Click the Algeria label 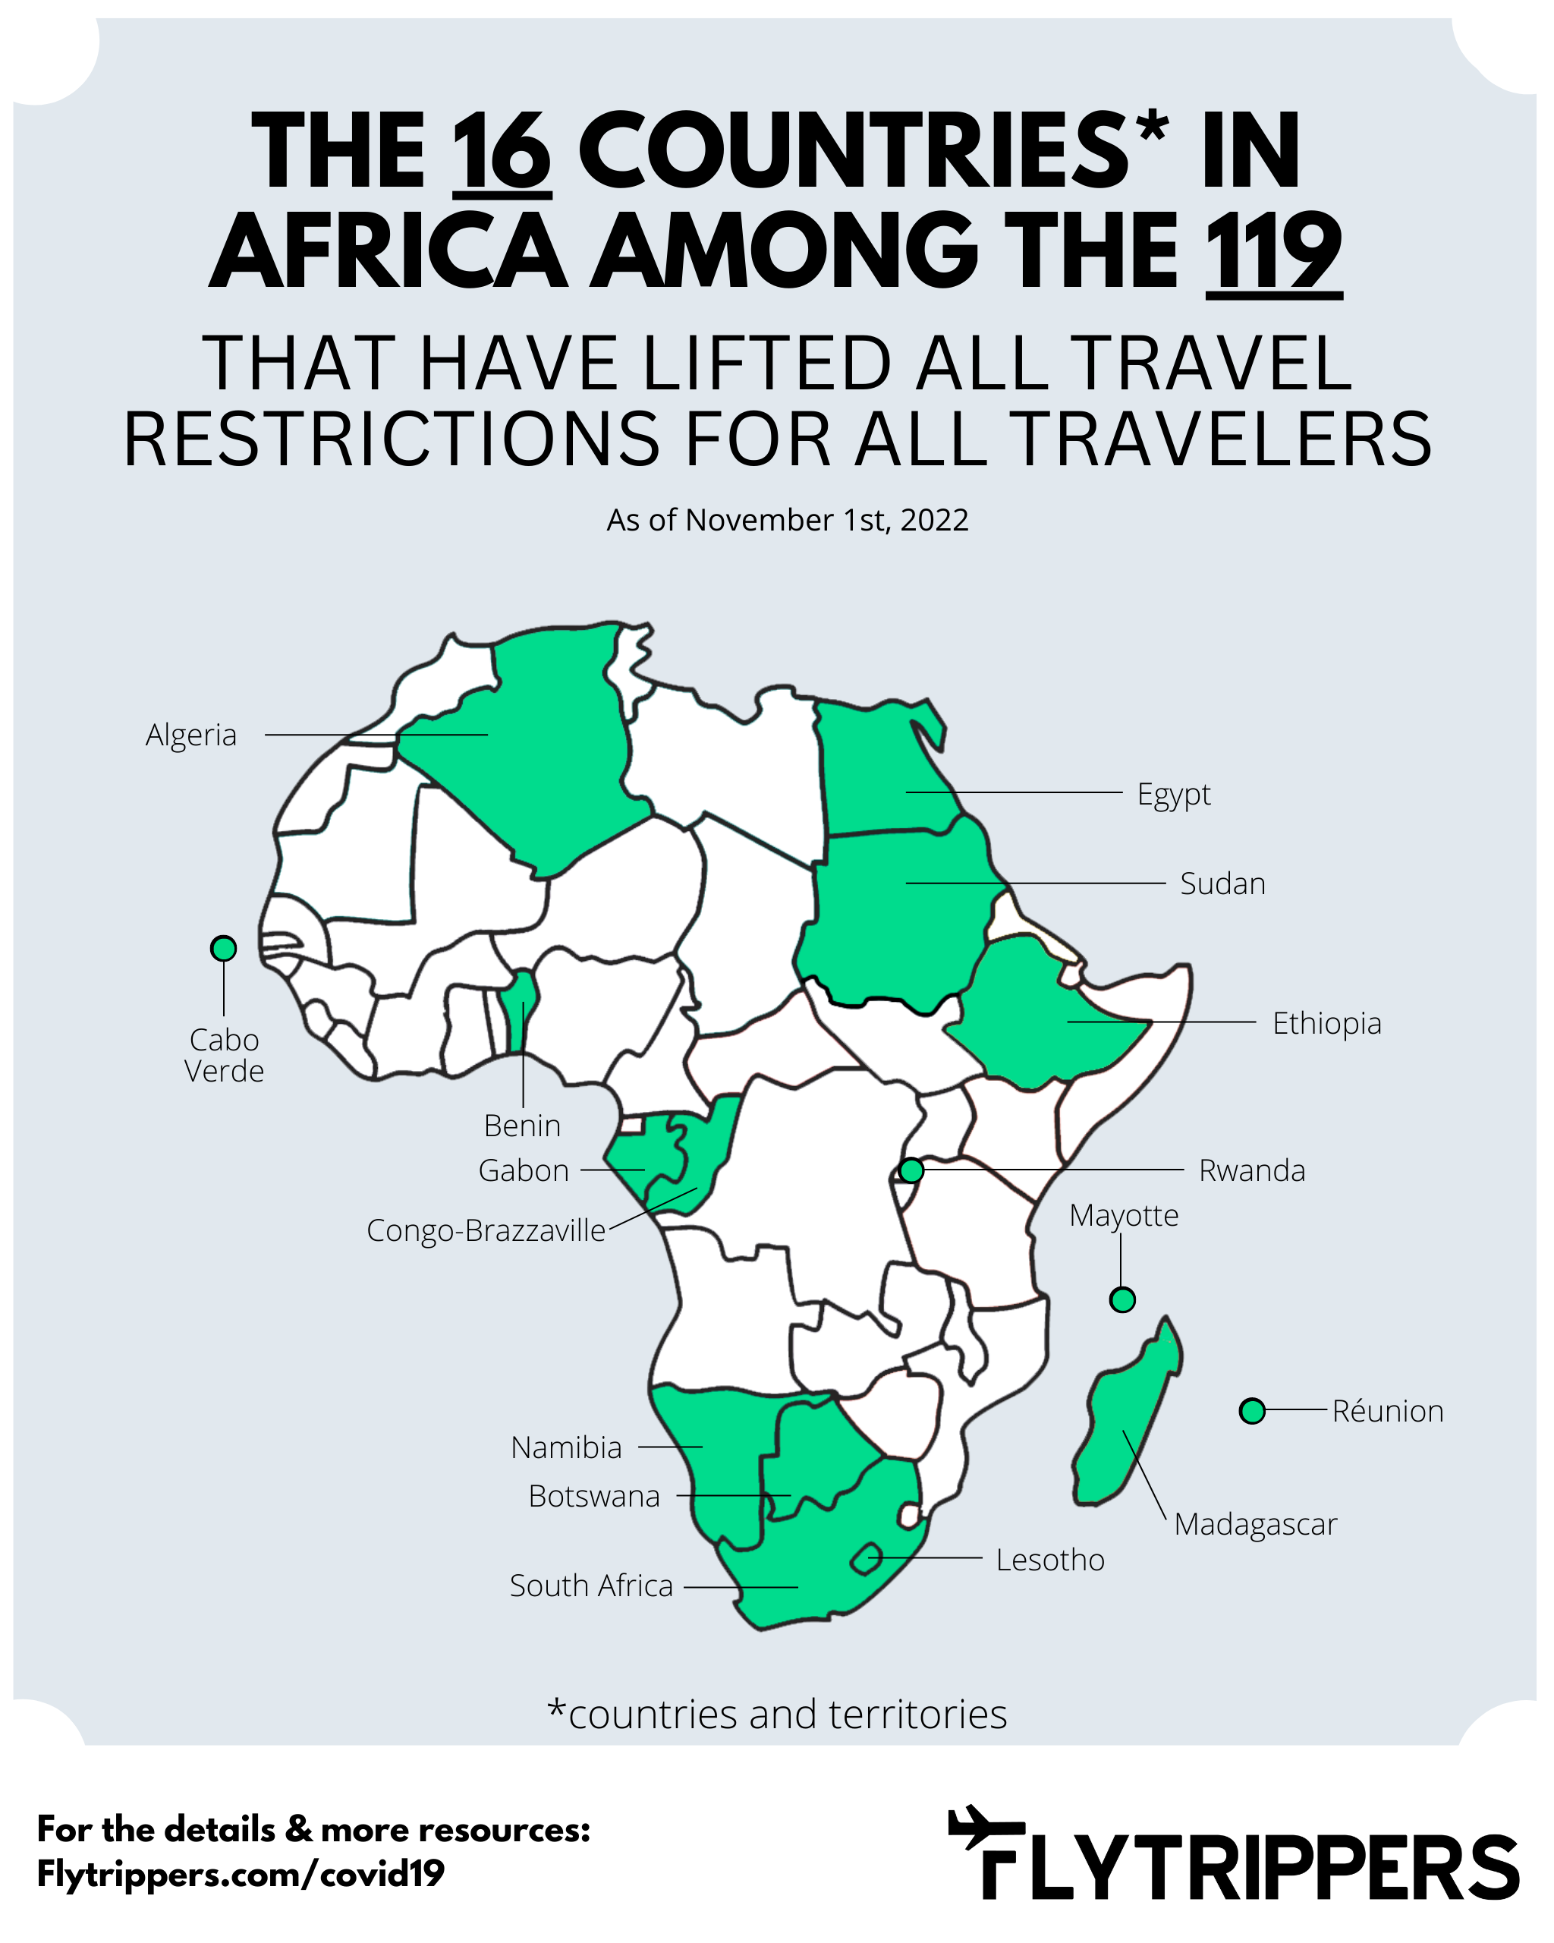191,735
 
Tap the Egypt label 1173,795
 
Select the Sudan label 1222,884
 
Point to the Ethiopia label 1326,1024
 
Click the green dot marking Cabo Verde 223,948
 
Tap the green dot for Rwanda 911,1170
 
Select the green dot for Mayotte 1121,1299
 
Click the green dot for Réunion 1252,1411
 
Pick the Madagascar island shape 1126,1415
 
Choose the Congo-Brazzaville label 486,1231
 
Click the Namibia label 566,1447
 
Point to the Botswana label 593,1497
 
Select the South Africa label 591,1586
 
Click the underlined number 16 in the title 501,153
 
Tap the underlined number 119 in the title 1273,252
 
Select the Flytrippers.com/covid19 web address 241,1875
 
